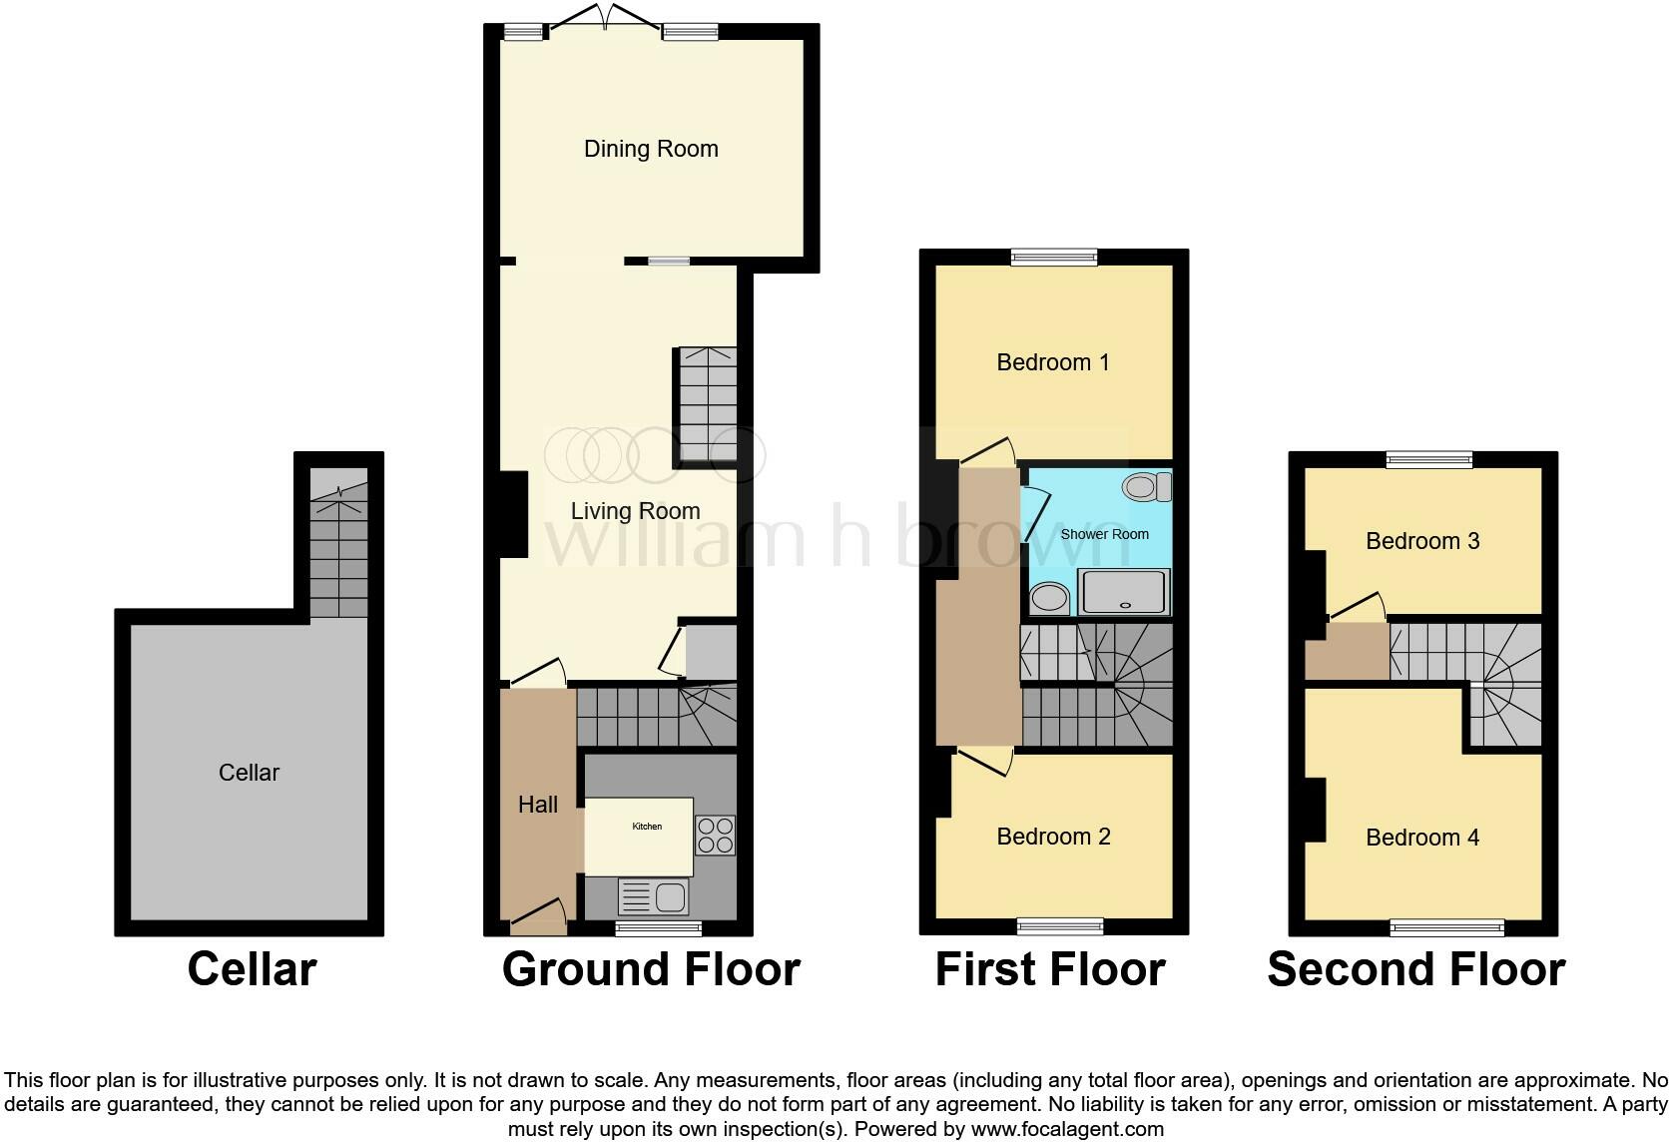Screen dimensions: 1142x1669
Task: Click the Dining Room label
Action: click(x=651, y=149)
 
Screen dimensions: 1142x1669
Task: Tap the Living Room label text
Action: click(x=635, y=511)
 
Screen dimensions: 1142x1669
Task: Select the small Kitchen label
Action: click(x=647, y=827)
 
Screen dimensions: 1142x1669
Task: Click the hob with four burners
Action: click(x=715, y=836)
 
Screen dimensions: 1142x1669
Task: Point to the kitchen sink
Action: click(x=654, y=896)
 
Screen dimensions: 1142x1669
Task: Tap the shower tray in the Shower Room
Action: click(x=1124, y=592)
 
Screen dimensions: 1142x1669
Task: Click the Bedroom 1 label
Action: click(x=1053, y=362)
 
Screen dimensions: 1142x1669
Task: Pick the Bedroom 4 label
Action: click(x=1422, y=838)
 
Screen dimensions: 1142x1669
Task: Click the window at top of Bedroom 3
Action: click(x=1429, y=460)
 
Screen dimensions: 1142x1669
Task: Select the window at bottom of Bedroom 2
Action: click(x=1060, y=926)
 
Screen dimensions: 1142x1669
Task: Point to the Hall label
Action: click(x=538, y=805)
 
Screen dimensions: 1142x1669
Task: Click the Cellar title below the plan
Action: click(x=252, y=969)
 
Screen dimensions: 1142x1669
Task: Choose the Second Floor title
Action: click(x=1415, y=969)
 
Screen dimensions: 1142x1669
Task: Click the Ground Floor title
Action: click(x=651, y=969)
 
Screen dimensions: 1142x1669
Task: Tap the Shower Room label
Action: click(x=1104, y=534)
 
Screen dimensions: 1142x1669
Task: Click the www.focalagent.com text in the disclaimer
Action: click(x=1067, y=1130)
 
